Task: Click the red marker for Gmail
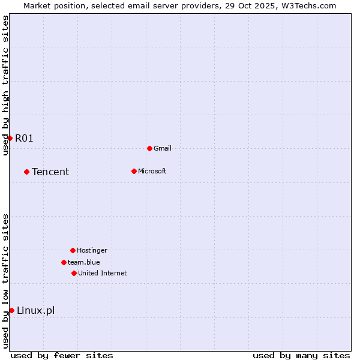149,148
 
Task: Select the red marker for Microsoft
134,171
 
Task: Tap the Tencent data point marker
26,172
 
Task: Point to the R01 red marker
10,138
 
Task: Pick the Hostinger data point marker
73,250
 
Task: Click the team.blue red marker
64,262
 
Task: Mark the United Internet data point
74,273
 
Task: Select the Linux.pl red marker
11,310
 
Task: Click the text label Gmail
163,148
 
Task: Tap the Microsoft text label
152,171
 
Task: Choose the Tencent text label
50,172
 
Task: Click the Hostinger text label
92,250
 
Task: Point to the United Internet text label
103,273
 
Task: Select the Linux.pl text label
35,310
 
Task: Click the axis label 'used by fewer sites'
62,355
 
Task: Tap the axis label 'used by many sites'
301,355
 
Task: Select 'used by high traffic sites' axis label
6,85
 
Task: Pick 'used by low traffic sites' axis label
6,281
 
